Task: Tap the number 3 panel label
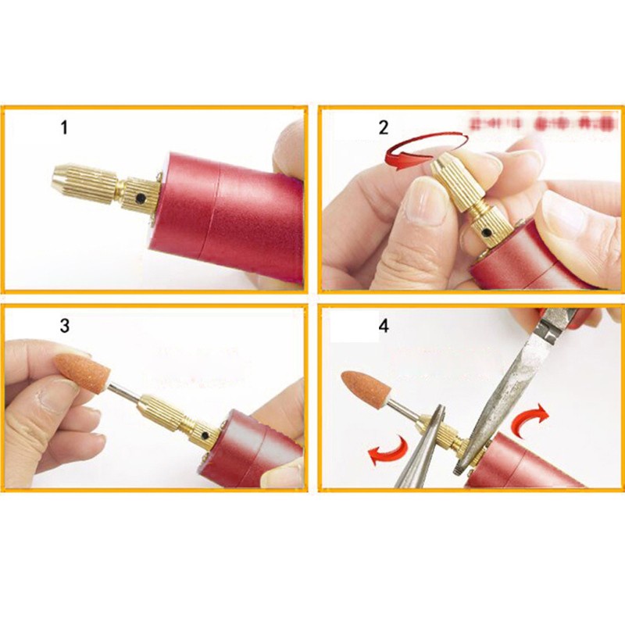pyautogui.click(x=65, y=325)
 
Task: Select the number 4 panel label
pyautogui.click(x=383, y=325)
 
